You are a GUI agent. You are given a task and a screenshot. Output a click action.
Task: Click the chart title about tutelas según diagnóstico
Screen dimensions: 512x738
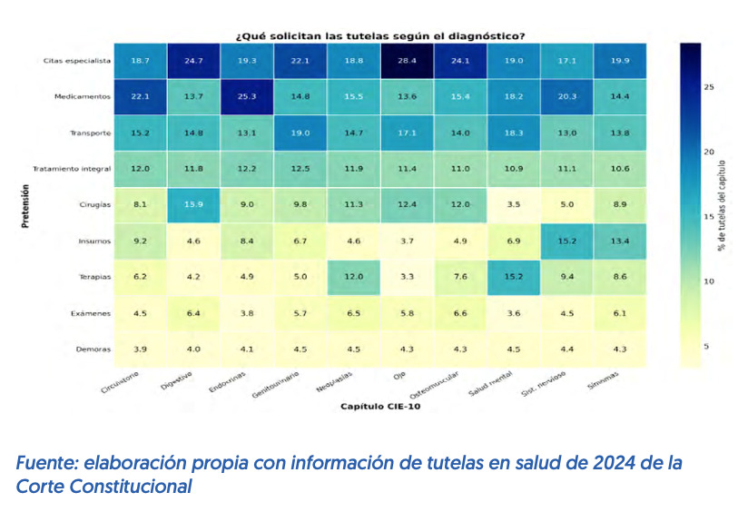[380, 36]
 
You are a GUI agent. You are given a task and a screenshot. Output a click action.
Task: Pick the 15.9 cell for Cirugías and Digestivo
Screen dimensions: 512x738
[192, 204]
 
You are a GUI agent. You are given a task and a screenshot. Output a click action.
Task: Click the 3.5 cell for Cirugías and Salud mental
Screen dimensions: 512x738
[513, 204]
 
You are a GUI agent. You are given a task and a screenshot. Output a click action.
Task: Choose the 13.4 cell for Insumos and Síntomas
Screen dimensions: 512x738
[620, 240]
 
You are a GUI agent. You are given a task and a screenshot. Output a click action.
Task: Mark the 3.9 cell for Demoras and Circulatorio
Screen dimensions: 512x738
[139, 349]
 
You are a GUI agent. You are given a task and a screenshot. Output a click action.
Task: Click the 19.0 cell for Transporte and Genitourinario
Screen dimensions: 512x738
[300, 133]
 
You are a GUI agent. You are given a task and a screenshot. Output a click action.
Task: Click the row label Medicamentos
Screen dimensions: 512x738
[84, 96]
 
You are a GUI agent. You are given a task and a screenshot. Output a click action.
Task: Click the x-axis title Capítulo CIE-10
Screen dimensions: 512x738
[379, 407]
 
